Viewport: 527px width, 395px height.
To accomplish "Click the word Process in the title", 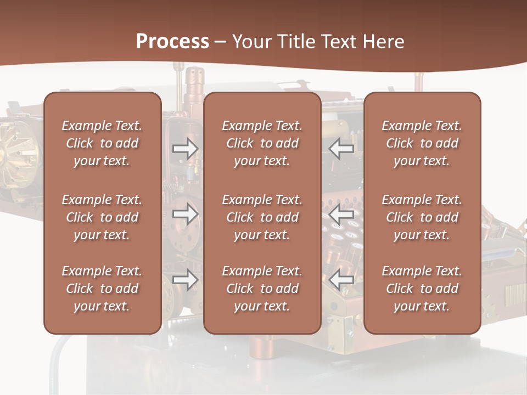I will point(172,42).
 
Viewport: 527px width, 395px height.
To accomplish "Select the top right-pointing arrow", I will point(185,149).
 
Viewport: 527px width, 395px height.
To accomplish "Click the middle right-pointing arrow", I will point(185,214).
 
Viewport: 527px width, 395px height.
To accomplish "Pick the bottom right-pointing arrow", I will point(185,280).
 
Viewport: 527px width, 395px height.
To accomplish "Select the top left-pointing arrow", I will point(341,149).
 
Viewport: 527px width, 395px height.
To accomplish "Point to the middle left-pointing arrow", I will point(341,214).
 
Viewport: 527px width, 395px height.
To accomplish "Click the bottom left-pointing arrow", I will point(341,280).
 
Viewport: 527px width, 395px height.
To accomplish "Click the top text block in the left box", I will point(102,143).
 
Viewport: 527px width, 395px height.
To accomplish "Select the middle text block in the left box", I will point(102,217).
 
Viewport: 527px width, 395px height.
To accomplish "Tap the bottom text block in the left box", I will point(102,289).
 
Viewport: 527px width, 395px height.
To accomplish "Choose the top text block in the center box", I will point(262,143).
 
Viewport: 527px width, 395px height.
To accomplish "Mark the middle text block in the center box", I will point(262,217).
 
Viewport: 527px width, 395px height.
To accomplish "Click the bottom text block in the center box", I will point(262,289).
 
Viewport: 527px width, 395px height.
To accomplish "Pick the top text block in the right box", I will point(422,143).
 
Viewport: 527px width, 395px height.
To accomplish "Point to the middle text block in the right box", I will point(422,217).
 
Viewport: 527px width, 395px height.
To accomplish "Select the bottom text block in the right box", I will point(422,289).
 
